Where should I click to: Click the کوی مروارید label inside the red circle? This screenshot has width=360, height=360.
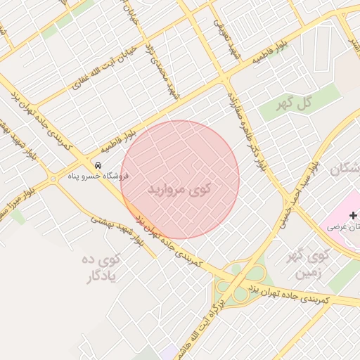(180, 190)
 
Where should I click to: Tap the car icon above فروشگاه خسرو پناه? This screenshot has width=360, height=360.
(98, 165)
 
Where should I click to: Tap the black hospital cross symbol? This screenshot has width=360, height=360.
(352, 214)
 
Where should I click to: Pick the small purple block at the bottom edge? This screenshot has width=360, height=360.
(169, 352)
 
